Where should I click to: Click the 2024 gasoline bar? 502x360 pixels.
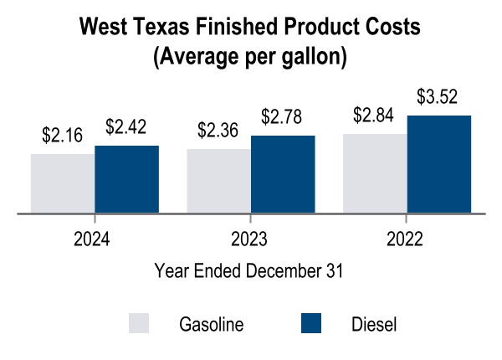(63, 183)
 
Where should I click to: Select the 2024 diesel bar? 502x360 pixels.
(126, 179)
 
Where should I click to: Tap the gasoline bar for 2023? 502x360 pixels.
(218, 181)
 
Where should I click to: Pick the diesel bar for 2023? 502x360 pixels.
(283, 174)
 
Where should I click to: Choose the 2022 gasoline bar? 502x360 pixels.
(375, 173)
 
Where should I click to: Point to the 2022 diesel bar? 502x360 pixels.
(439, 164)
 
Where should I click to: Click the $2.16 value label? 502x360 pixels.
(63, 136)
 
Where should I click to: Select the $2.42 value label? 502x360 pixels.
(126, 127)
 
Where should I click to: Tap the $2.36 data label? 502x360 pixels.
(218, 131)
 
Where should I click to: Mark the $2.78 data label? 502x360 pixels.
(283, 116)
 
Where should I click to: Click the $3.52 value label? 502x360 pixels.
(439, 97)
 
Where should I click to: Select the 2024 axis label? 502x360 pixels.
(93, 239)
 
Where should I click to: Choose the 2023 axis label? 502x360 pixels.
(249, 239)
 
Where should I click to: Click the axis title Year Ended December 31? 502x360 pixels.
(249, 271)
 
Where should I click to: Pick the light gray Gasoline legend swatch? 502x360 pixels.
(139, 324)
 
